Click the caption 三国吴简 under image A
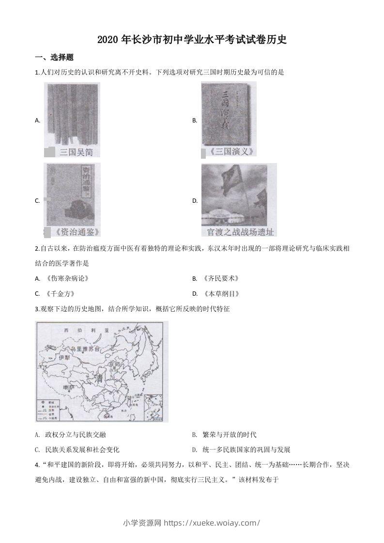(x=77, y=152)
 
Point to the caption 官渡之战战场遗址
(x=239, y=231)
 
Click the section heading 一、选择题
(x=54, y=57)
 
